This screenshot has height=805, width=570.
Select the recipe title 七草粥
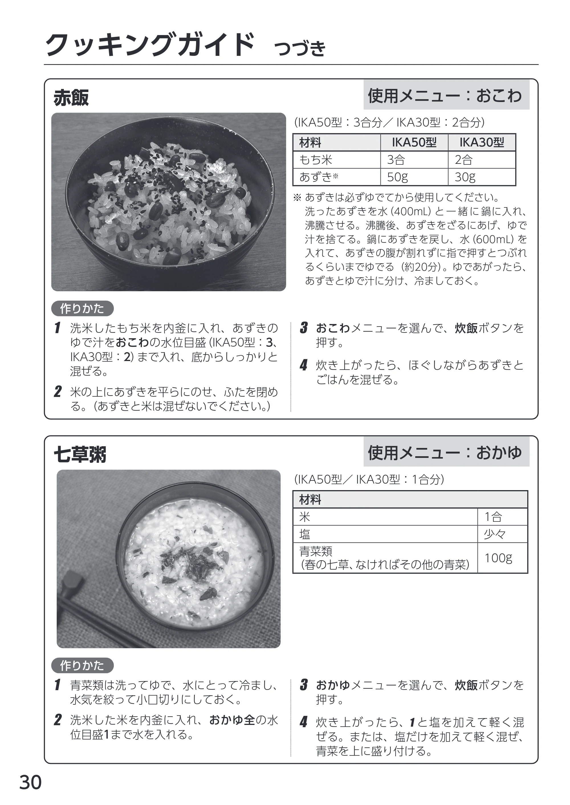point(80,455)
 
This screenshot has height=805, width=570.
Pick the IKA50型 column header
point(414,142)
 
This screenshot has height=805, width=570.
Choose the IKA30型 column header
point(482,142)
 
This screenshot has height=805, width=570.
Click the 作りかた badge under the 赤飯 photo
point(82,308)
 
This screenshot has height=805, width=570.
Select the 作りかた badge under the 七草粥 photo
point(82,665)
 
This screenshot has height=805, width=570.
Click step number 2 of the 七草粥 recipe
point(58,720)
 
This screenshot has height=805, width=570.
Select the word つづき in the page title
point(300,48)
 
